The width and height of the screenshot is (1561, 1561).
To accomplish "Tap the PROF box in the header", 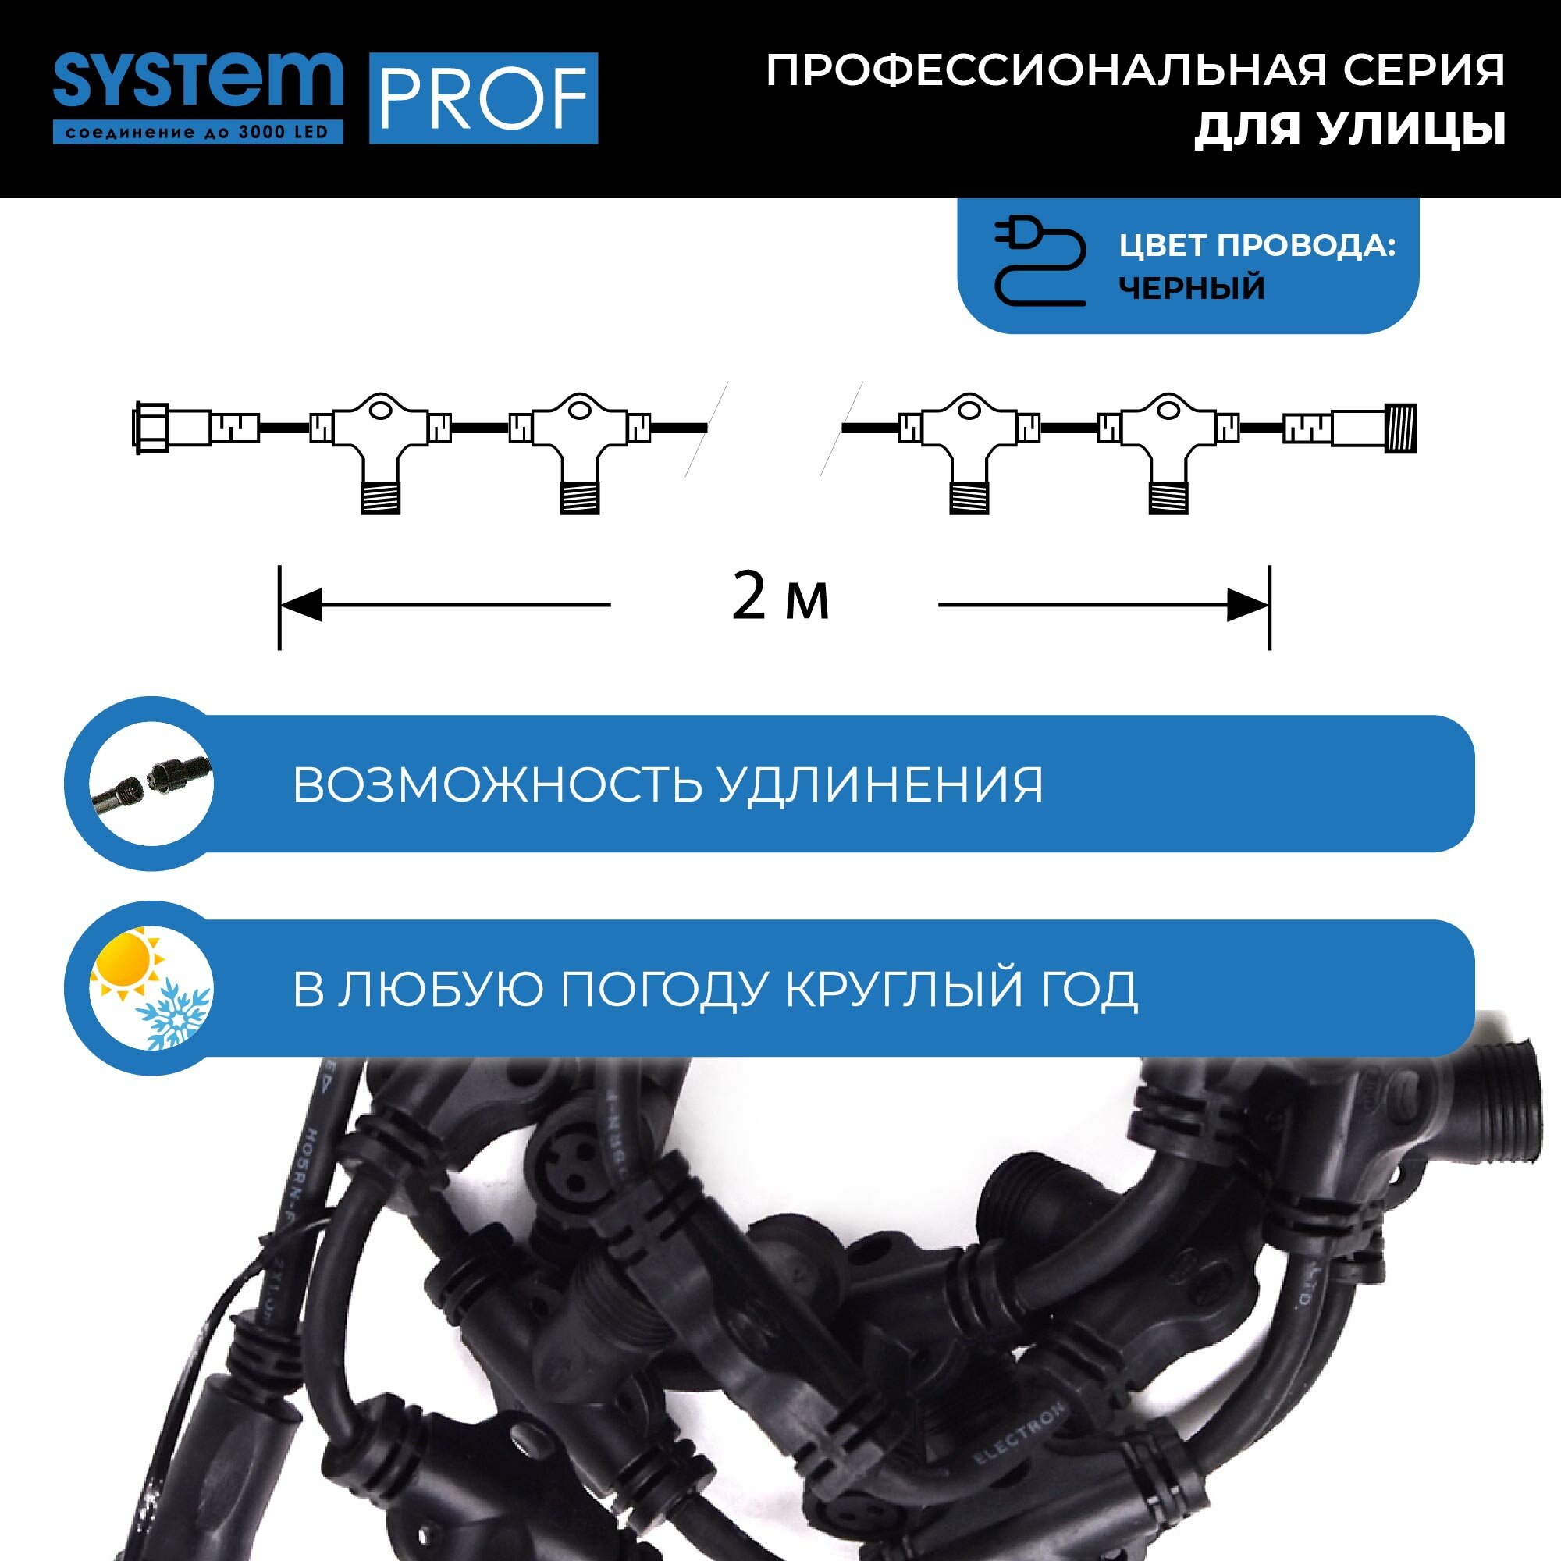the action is click(483, 98).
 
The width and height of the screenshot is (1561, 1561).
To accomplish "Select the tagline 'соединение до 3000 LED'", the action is click(198, 133).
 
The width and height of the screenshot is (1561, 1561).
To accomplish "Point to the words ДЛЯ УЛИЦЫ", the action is click(1350, 130).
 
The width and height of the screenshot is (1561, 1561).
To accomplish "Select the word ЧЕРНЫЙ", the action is click(1191, 288).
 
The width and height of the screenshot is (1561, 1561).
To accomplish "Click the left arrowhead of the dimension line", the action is click(300, 604).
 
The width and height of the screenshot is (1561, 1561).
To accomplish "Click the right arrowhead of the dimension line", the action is click(1247, 604).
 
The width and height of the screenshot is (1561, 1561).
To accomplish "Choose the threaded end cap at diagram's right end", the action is click(1400, 428).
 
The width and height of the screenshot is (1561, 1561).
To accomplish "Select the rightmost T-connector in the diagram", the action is click(1168, 444).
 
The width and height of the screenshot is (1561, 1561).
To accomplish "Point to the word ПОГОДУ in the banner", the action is click(662, 988).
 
